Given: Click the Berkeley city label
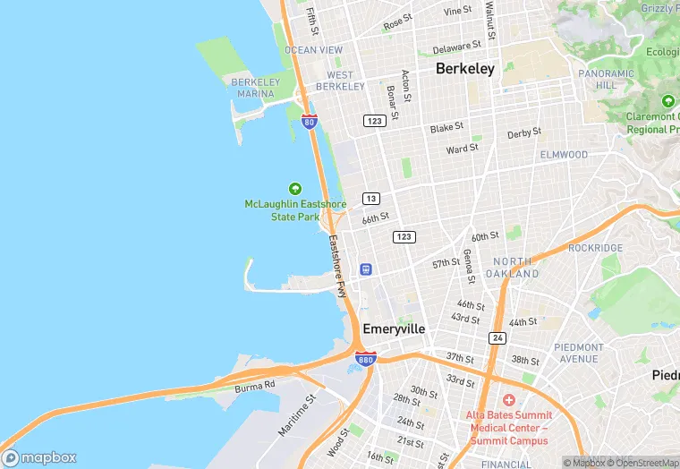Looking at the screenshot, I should click(x=464, y=69).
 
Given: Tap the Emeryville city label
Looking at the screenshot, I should click(x=394, y=328).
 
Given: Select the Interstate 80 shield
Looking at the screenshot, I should click(x=309, y=122).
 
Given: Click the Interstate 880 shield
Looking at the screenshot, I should click(x=365, y=359).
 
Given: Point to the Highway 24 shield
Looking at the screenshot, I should click(x=497, y=337).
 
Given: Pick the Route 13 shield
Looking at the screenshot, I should click(x=370, y=198).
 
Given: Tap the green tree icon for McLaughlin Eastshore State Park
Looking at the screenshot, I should click(x=294, y=188).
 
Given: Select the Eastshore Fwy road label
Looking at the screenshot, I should click(x=336, y=266).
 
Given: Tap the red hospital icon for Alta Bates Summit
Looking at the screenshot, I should click(x=508, y=399).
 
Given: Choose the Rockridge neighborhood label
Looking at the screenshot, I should click(x=595, y=247).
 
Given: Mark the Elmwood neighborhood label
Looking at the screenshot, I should click(x=564, y=155).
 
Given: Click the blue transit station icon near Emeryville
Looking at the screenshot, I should click(x=365, y=269).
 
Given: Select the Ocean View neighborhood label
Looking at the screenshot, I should click(x=313, y=50).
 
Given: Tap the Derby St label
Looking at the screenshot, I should click(x=524, y=133).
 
